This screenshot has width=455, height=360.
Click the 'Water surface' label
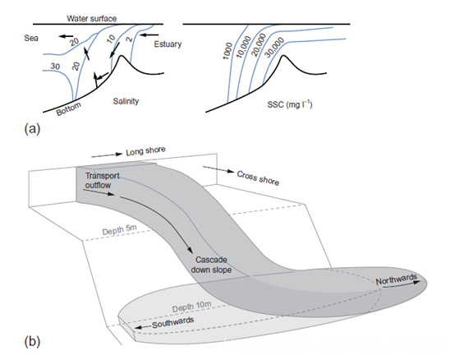(x=92, y=19)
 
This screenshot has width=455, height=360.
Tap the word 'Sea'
(x=31, y=38)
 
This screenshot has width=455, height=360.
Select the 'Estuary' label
(x=168, y=44)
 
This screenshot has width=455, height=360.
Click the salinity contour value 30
(x=55, y=67)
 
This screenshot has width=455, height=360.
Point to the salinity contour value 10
(x=111, y=39)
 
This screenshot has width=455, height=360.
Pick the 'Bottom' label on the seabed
(x=68, y=108)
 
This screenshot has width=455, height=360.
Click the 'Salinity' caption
(x=126, y=101)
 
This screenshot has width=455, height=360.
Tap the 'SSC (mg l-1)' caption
(x=290, y=104)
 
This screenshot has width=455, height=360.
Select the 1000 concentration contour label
(x=227, y=51)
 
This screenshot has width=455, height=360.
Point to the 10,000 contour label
(x=243, y=47)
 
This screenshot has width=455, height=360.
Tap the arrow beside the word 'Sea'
(x=66, y=36)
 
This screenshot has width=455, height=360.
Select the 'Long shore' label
(x=145, y=151)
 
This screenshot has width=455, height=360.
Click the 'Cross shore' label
(x=258, y=178)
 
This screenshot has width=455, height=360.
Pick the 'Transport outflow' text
(x=102, y=180)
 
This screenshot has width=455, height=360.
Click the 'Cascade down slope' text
(x=211, y=265)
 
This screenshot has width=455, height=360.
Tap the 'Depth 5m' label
(x=119, y=230)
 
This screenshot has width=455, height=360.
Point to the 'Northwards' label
(x=397, y=279)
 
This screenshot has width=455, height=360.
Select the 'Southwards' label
(x=173, y=322)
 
